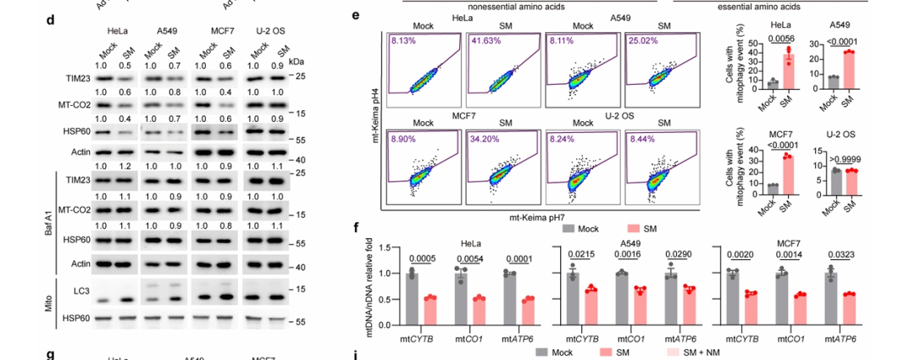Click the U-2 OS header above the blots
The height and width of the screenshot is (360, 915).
263,30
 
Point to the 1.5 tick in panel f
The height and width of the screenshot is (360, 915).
385,248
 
